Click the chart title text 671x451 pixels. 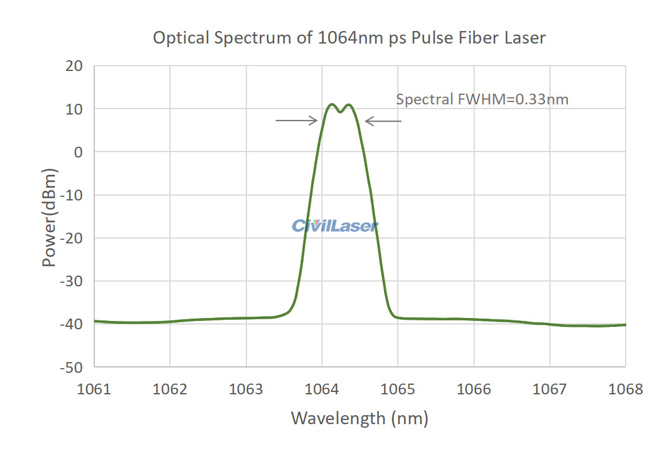(349, 38)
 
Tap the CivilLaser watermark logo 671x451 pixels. (335, 225)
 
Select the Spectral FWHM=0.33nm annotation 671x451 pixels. (482, 100)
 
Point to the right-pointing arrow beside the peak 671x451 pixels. (296, 121)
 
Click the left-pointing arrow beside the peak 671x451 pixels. (383, 121)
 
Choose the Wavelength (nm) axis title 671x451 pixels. (359, 418)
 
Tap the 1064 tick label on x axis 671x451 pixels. (322, 390)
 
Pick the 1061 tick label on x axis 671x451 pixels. (94, 390)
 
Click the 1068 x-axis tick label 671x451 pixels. (626, 390)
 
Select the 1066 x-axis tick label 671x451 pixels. (474, 390)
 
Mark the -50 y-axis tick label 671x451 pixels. (72, 367)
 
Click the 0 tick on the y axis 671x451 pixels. (78, 152)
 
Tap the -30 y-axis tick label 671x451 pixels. (72, 281)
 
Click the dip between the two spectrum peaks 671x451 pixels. (340, 112)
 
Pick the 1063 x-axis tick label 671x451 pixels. (246, 390)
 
